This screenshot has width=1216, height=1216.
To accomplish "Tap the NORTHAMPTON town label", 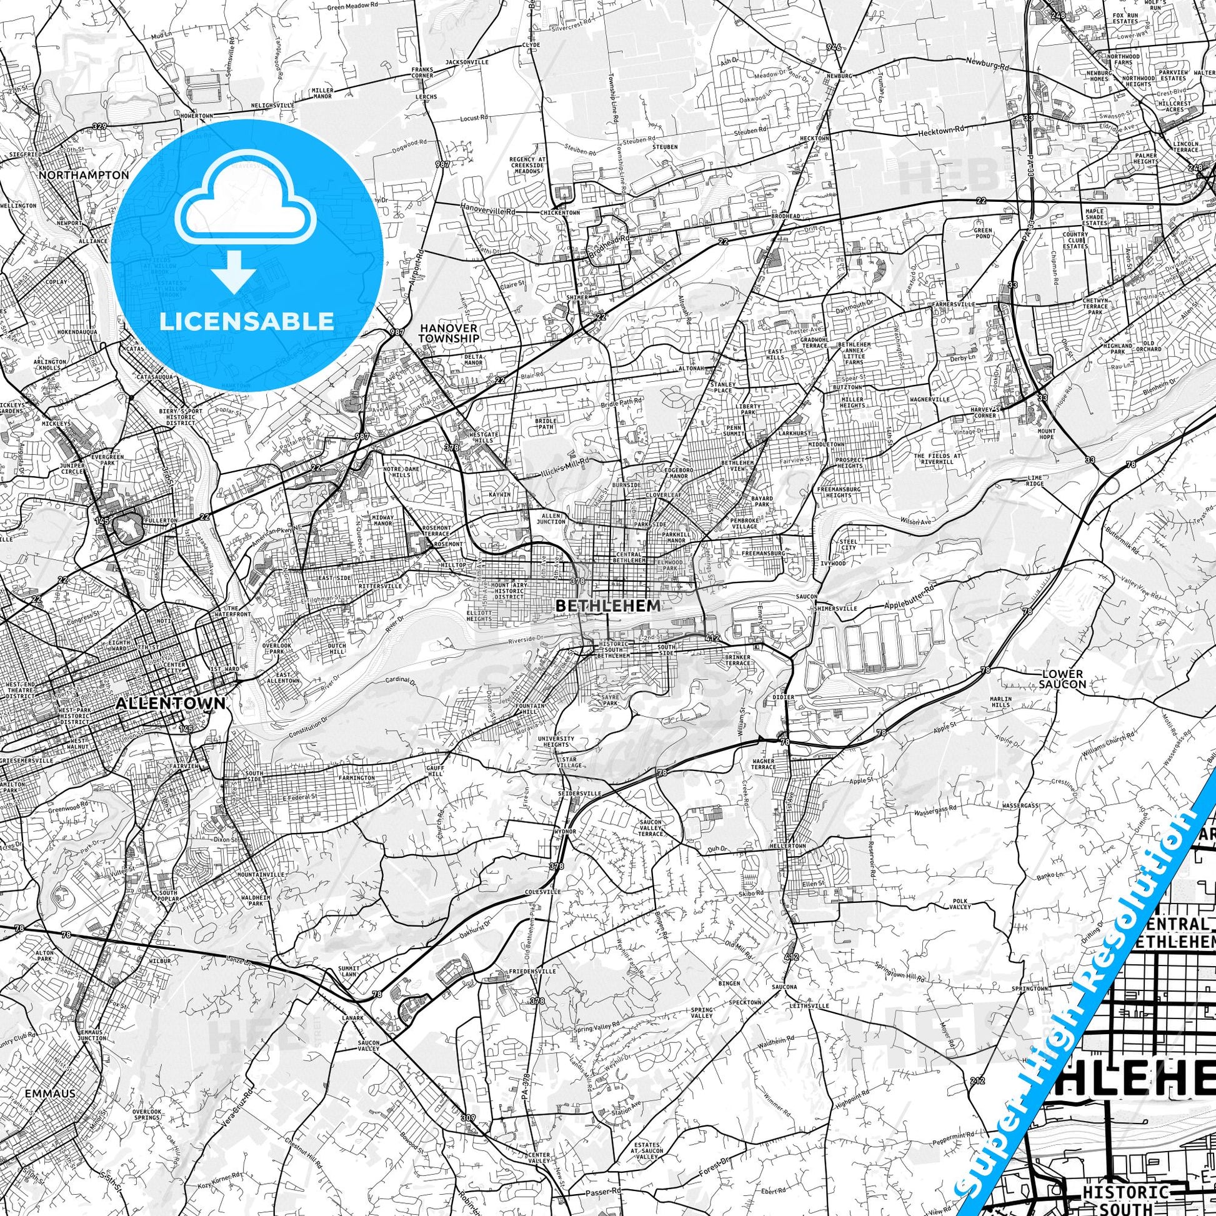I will tap(84, 175).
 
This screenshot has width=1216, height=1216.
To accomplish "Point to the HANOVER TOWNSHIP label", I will tap(449, 333).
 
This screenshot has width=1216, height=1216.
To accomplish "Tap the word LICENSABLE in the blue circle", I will tap(247, 321).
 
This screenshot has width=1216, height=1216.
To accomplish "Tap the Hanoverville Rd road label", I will tap(488, 212).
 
